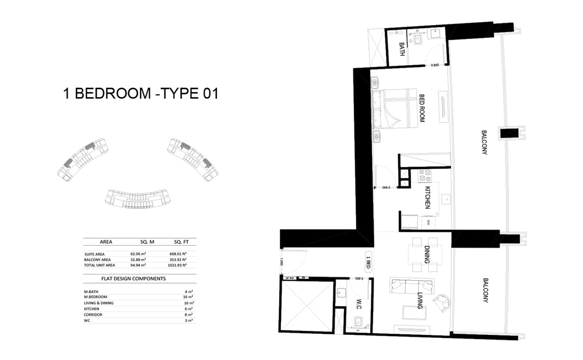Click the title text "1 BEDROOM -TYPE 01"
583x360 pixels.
click(x=140, y=93)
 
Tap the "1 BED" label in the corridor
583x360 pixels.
click(x=368, y=261)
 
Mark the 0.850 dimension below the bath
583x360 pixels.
click(x=434, y=65)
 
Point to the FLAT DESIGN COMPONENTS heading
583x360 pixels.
click(x=134, y=278)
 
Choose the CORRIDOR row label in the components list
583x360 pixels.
click(x=93, y=314)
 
